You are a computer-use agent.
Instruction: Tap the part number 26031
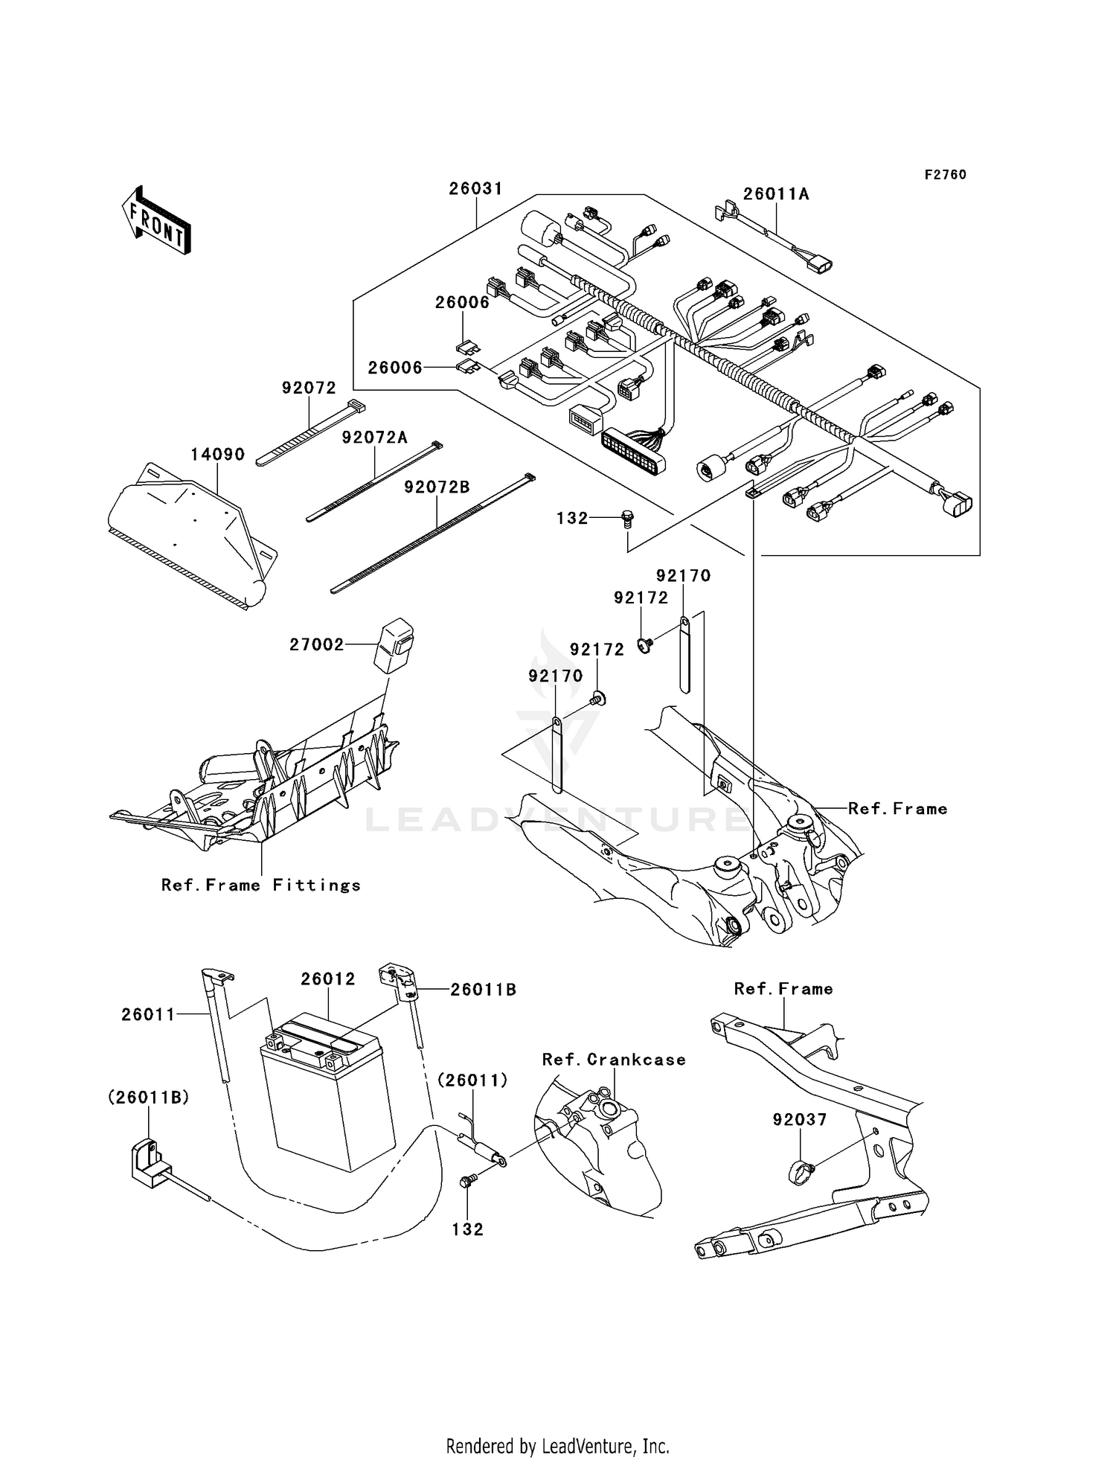point(475,189)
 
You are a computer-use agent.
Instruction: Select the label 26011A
point(776,194)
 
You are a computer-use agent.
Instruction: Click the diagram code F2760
point(945,175)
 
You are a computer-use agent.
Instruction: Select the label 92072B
point(437,487)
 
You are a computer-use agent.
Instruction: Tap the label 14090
point(217,455)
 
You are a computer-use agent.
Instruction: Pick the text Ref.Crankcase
point(614,1060)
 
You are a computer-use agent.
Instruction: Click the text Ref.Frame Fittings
point(261,886)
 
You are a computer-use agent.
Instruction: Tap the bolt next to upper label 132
point(627,519)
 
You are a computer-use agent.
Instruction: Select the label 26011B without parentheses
point(483,990)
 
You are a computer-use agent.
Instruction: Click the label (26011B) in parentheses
point(149,1097)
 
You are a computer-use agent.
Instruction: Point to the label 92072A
point(374,438)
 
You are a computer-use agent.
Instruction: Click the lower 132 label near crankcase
point(467,1230)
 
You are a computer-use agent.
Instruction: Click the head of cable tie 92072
point(356,408)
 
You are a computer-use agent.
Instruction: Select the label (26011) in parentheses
point(472,1080)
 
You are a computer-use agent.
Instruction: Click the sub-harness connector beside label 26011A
point(821,264)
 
